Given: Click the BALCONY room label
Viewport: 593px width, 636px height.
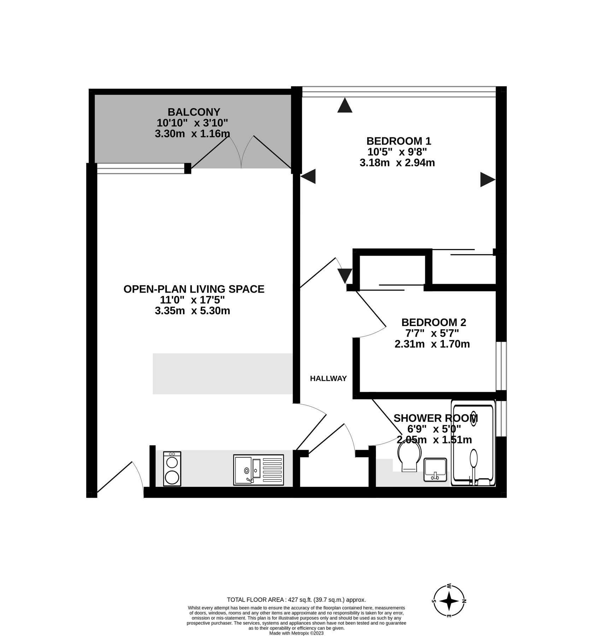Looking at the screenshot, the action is [194, 112].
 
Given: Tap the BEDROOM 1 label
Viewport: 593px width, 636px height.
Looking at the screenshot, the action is [399, 141].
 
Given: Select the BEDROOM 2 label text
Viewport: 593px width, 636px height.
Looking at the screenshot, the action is [434, 322].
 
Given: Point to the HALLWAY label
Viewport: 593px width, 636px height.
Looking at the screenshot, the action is [328, 378].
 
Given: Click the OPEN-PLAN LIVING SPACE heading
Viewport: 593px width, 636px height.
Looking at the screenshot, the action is [194, 289].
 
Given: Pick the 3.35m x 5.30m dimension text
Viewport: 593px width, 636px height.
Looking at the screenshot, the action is [192, 311].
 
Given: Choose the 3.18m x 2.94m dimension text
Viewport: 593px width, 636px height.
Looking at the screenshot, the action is [397, 163].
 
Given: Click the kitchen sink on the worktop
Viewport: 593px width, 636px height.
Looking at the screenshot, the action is [258, 470].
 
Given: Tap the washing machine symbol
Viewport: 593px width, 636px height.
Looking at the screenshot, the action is [172, 469].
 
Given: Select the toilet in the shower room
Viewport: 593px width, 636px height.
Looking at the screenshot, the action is [410, 457].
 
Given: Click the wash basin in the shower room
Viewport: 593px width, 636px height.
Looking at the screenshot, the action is [435, 469].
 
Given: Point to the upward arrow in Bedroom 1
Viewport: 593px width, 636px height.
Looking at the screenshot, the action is [345, 105].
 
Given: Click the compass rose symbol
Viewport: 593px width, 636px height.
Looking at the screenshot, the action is [449, 601].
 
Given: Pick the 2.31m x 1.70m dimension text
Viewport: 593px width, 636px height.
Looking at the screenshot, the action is [432, 344].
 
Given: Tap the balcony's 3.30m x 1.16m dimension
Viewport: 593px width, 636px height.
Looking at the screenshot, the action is [192, 134].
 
